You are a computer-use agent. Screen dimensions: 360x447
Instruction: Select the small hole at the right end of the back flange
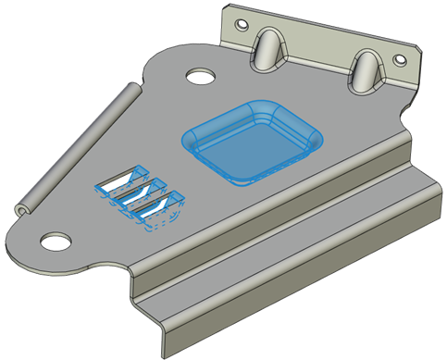pyautogui.click(x=400, y=60)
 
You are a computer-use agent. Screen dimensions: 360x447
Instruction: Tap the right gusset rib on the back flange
pyautogui.click(x=366, y=70)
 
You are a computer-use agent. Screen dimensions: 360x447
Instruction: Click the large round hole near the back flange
pyautogui.click(x=198, y=75)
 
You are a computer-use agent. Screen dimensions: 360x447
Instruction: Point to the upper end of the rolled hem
pyautogui.click(x=134, y=90)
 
